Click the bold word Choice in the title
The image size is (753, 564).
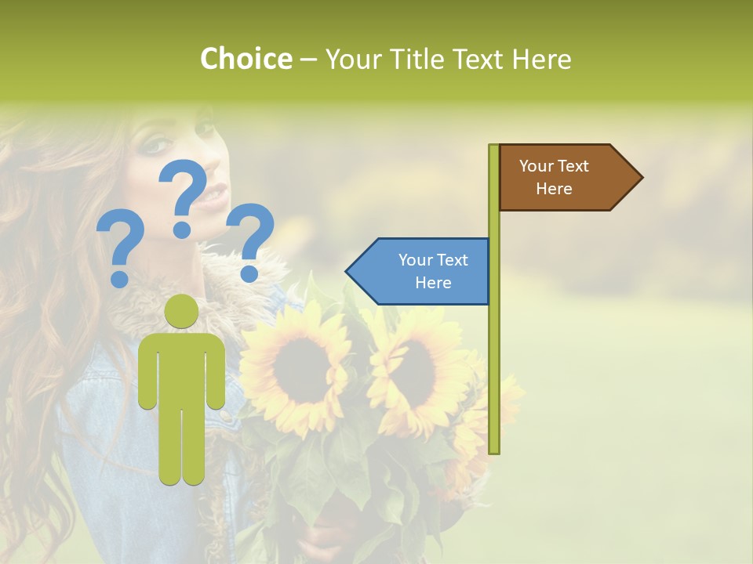[x=246, y=59]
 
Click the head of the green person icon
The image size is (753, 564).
[x=182, y=312]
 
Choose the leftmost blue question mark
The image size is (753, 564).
[x=120, y=248]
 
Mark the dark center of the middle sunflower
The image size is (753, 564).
[x=413, y=368]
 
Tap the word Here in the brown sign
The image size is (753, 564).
[x=554, y=189]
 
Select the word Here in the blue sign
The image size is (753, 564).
[x=433, y=283]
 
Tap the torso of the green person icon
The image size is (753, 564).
[x=182, y=368]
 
